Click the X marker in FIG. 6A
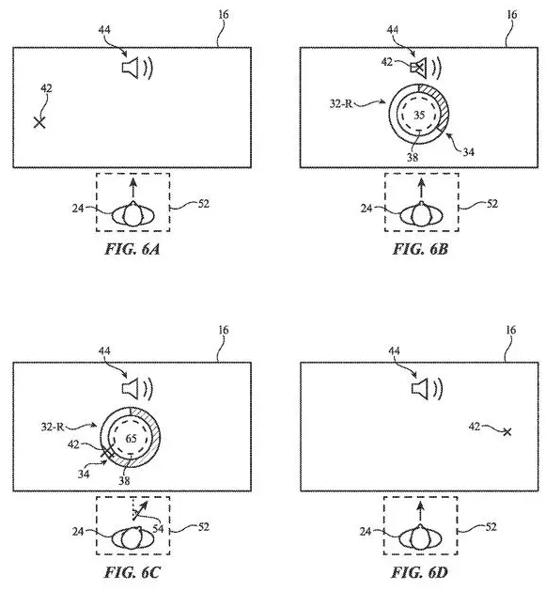pos(39,122)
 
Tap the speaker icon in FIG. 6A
pos(137,69)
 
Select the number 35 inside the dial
pos(419,115)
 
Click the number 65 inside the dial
pos(131,439)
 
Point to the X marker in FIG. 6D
pos(507,431)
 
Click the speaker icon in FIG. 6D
pos(427,389)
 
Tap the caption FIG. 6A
pos(132,249)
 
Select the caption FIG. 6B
pos(420,249)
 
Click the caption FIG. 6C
pos(132,572)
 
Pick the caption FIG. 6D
pos(419,572)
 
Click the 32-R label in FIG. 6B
pos(341,103)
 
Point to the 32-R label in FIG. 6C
pos(53,428)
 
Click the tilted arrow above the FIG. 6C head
pos(139,511)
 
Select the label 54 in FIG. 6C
pos(158,528)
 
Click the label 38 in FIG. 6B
pos(413,157)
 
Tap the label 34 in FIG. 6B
pos(468,152)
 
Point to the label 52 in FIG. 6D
pos(491,526)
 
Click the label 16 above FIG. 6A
pos(224,15)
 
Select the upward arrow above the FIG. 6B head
pos(422,189)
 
